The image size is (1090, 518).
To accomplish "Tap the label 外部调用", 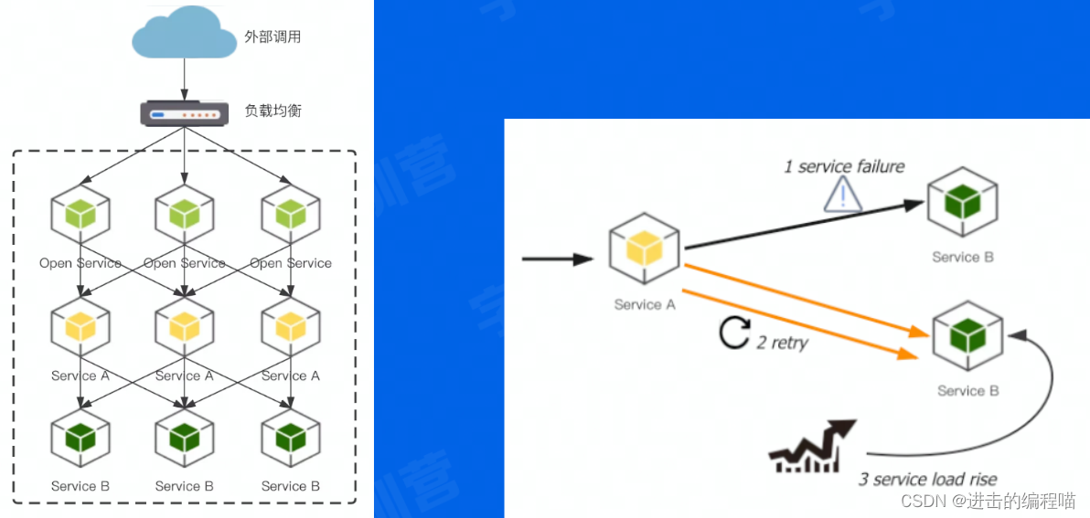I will (272, 37).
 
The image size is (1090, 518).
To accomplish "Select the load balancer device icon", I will (184, 113).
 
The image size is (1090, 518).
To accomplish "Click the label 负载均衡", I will (272, 111).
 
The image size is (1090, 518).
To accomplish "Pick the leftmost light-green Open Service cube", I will (80, 213).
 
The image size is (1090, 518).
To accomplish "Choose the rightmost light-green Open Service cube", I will (291, 213).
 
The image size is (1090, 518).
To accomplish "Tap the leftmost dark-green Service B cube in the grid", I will (80, 438).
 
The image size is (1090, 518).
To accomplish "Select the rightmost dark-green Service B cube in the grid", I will (291, 438).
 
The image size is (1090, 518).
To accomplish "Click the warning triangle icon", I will (843, 194).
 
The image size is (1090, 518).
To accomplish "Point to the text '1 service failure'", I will (844, 166).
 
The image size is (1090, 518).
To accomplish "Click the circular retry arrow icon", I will (733, 333).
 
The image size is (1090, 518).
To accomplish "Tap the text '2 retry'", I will (783, 344).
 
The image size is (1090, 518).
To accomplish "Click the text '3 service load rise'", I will (927, 480).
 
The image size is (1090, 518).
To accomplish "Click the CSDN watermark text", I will (988, 501).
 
